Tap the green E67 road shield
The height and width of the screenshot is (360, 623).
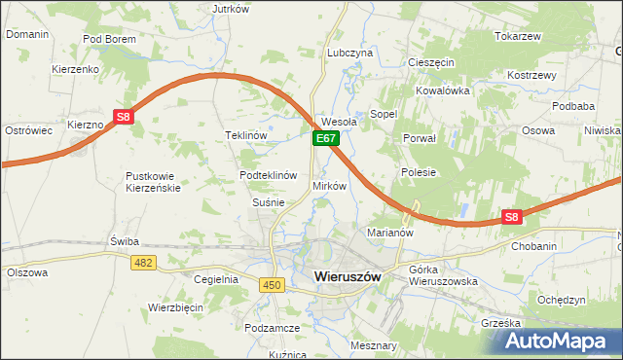(325, 140)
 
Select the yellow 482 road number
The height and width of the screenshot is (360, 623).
(144, 263)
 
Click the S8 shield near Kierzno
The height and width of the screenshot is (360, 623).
(122, 117)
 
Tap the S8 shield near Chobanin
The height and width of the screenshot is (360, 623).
(513, 218)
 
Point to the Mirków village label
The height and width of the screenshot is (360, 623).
(329, 185)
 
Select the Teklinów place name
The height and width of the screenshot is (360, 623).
(245, 135)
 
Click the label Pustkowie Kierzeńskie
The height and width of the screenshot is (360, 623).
(153, 182)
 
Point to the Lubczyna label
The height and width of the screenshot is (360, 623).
(350, 53)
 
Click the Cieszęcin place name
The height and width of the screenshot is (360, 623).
(431, 61)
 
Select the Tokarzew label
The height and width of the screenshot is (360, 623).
(517, 36)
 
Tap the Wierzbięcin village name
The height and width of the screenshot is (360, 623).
(175, 306)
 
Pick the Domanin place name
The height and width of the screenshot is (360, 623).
(26, 34)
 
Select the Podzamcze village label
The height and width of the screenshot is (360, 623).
(272, 329)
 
